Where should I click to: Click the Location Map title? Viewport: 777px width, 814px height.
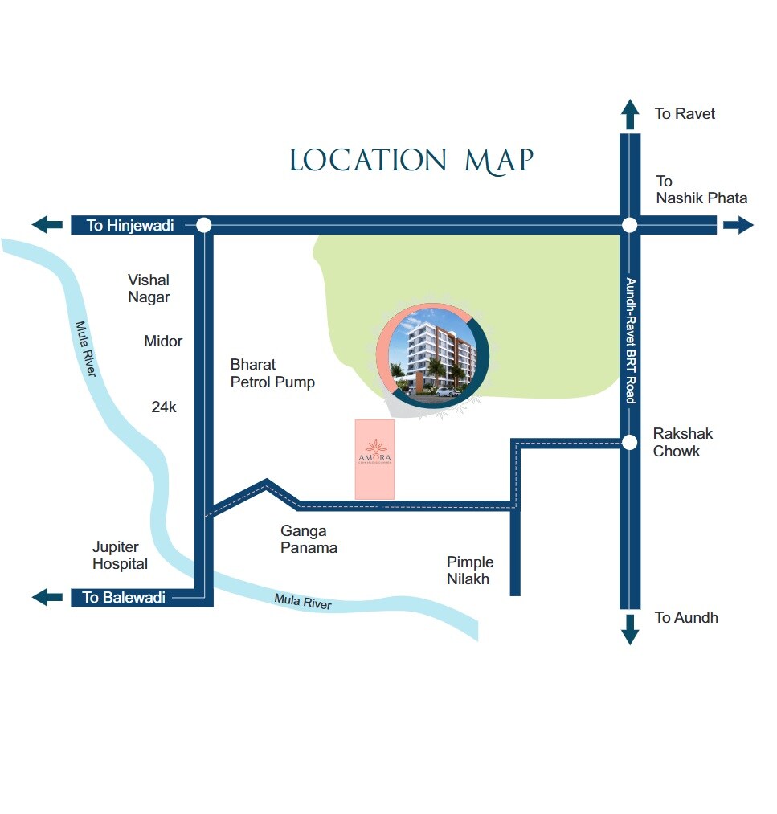[411, 161]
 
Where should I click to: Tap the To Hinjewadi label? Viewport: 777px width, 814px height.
[130, 226]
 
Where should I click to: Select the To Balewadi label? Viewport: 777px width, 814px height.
[124, 597]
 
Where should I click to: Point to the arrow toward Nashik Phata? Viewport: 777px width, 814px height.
[738, 226]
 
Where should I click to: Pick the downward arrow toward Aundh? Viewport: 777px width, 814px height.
[630, 629]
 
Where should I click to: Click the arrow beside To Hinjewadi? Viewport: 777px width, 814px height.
[47, 226]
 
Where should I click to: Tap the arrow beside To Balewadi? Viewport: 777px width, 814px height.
[47, 597]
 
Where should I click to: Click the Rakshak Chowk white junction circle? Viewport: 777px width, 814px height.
[630, 442]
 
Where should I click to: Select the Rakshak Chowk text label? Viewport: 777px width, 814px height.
[682, 443]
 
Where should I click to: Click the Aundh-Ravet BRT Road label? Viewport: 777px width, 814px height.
[631, 341]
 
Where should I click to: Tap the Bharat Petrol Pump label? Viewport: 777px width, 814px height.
[272, 374]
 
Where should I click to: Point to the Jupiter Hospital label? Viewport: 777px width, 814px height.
[120, 555]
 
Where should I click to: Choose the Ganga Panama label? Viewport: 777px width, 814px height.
[309, 539]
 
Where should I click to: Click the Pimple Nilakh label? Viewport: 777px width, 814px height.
[470, 571]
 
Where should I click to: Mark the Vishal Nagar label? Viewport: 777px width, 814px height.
[149, 288]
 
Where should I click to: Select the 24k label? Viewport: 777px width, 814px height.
[163, 407]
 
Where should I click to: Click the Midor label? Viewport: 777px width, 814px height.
[163, 342]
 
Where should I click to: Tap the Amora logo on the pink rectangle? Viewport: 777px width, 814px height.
[374, 452]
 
